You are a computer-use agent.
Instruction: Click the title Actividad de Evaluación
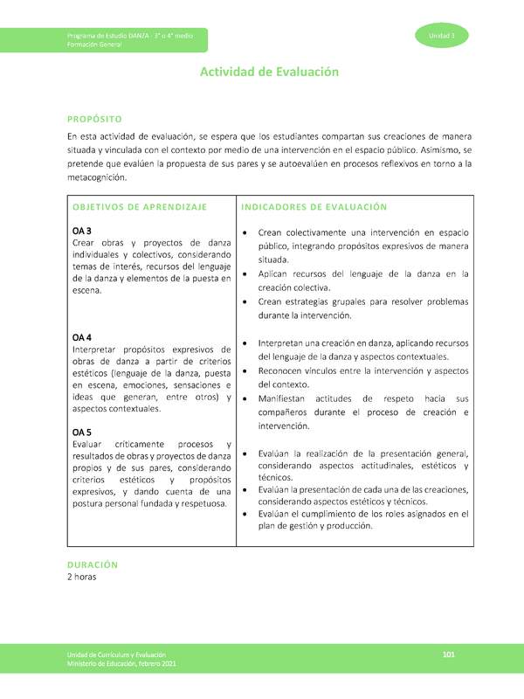coord(269,73)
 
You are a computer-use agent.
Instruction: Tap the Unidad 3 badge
coord(442,36)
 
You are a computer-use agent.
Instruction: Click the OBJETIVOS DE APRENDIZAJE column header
coord(140,207)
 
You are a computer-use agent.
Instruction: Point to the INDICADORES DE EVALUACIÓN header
coord(313,207)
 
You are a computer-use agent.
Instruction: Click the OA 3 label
coord(82,231)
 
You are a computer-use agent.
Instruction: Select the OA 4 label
coord(82,337)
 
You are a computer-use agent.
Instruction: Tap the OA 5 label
coord(82,432)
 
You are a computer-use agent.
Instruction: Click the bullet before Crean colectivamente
coord(246,234)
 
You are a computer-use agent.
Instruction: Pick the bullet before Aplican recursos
coord(246,274)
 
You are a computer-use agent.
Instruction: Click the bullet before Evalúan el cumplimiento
coord(246,516)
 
